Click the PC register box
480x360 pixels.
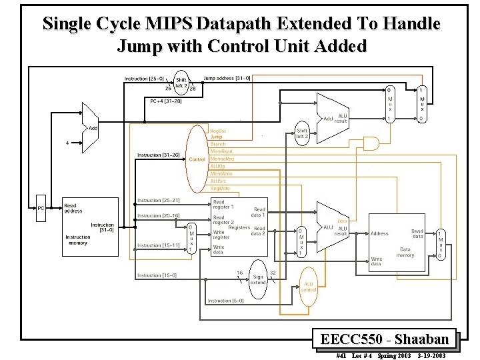[x=41, y=208]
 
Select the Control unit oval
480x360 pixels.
[x=197, y=159]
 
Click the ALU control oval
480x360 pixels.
[x=308, y=286]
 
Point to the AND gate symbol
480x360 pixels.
[x=368, y=143]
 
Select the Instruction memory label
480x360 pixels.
[x=78, y=240]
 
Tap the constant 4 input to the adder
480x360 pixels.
[x=67, y=142]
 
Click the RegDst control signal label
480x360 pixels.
[x=218, y=131]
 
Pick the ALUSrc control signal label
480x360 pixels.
[x=219, y=181]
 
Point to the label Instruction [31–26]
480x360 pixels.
[x=158, y=155]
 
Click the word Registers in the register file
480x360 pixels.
[x=239, y=227]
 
